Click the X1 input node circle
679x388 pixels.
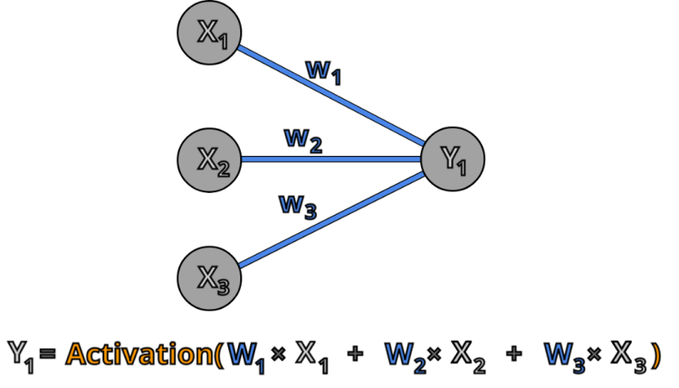click(x=209, y=33)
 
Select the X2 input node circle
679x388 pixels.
click(x=209, y=160)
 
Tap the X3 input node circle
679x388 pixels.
click(x=209, y=274)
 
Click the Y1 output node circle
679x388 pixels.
click(x=454, y=160)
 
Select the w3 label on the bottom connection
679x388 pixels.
click(x=297, y=208)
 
